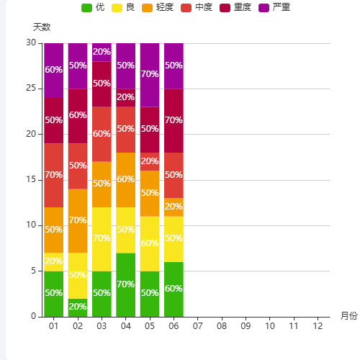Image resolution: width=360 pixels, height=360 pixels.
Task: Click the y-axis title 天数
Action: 42,27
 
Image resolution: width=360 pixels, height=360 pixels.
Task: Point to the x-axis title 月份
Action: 348,316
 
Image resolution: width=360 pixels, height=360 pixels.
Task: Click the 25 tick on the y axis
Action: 31,89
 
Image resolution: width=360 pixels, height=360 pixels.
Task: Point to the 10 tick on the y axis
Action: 31,225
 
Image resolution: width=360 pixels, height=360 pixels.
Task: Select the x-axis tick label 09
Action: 246,327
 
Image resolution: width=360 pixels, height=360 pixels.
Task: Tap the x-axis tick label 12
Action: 318,327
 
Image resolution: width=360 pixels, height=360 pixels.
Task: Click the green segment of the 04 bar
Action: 125,284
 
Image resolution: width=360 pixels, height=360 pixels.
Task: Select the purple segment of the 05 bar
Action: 150,75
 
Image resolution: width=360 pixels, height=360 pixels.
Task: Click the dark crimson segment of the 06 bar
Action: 174,120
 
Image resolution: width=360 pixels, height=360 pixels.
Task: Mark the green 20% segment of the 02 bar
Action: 78,307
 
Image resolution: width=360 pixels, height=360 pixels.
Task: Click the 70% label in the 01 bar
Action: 53,175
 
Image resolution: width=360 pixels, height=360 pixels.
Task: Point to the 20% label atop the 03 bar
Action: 102,52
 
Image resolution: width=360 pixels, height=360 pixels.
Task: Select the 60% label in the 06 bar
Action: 174,289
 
